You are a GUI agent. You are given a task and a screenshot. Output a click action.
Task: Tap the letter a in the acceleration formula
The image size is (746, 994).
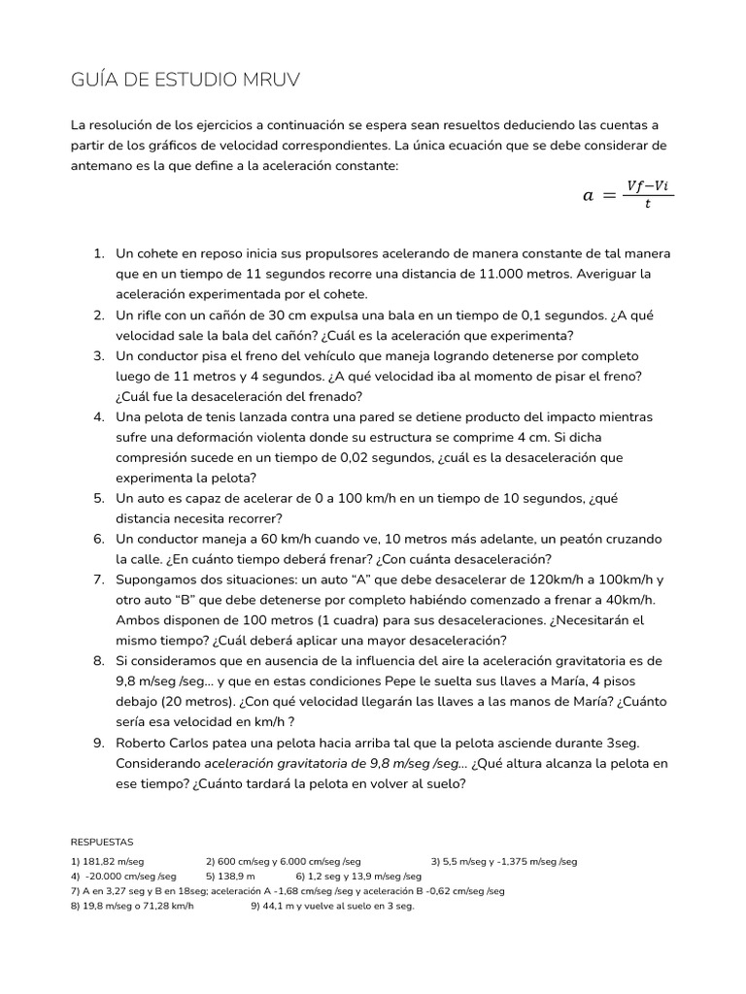point(587,195)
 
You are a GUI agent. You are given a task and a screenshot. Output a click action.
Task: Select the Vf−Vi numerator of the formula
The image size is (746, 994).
point(648,184)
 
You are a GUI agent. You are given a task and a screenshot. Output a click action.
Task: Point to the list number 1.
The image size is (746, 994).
point(98,253)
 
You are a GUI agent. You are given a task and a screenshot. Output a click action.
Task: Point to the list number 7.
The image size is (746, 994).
point(98,580)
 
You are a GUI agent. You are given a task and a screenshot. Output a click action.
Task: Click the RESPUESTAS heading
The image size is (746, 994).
point(102,842)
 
